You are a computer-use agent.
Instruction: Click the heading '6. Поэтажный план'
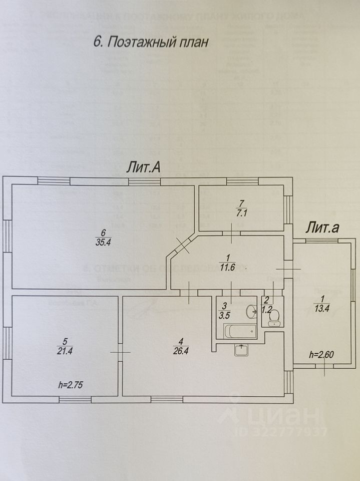click(x=150, y=43)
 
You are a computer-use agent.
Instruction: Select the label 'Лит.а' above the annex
click(x=323, y=228)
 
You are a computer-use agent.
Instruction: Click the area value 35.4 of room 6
click(x=103, y=243)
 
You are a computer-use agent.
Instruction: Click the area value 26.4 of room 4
click(x=179, y=349)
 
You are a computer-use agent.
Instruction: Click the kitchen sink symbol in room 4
click(x=241, y=350)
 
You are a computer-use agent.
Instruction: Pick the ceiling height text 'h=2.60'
click(x=321, y=355)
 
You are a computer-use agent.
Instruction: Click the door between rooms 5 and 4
click(x=120, y=352)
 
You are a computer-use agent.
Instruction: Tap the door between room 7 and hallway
click(x=231, y=231)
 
